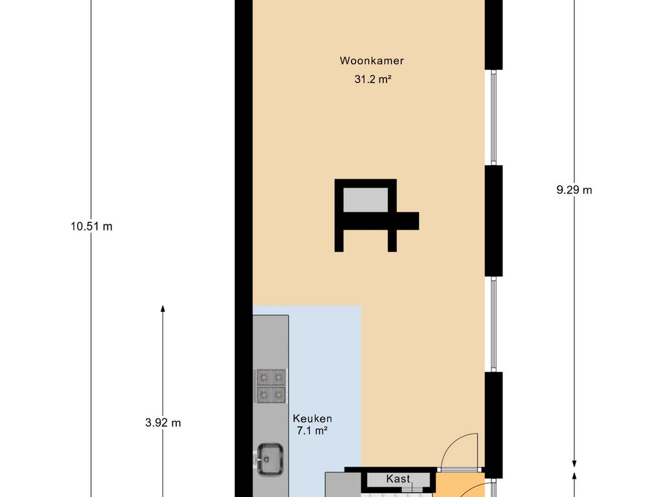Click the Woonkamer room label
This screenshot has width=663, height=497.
click(x=372, y=60)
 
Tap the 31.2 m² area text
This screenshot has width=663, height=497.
click(x=372, y=79)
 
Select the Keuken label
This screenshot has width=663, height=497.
click(x=313, y=419)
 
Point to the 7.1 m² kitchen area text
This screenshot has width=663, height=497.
click(x=312, y=431)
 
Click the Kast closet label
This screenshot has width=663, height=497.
click(x=398, y=478)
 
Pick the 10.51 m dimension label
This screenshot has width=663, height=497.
click(x=92, y=226)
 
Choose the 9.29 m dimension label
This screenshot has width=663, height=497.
click(x=574, y=190)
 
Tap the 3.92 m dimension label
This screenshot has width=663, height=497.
click(x=163, y=423)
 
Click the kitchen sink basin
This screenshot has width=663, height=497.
click(x=270, y=458)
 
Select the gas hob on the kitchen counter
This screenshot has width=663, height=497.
click(x=271, y=386)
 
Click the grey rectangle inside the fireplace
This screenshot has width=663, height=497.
click(x=365, y=200)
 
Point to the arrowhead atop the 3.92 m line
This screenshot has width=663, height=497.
click(x=163, y=309)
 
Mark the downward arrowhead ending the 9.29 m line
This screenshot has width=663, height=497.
click(x=574, y=463)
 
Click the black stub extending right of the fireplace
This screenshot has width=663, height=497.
click(x=408, y=221)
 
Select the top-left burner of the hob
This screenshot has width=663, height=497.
click(x=264, y=377)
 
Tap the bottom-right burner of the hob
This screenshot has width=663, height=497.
click(x=278, y=395)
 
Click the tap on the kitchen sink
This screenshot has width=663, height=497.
click(x=256, y=458)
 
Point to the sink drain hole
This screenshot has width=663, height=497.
click(x=267, y=458)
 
